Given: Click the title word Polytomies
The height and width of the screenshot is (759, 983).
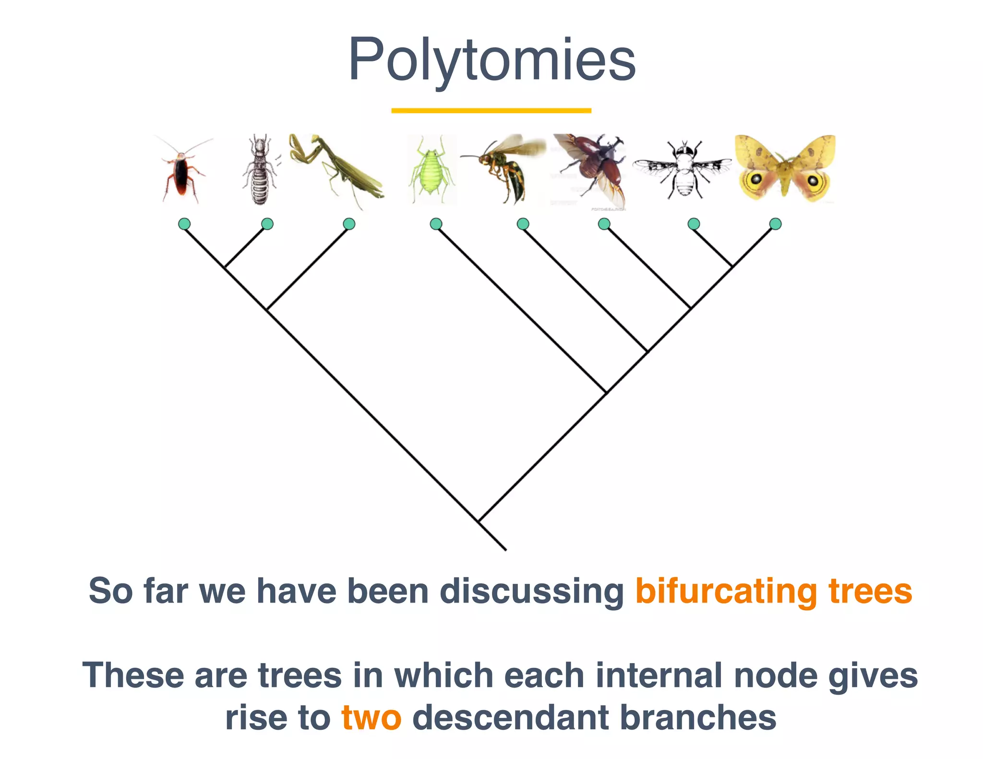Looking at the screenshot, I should [491, 60].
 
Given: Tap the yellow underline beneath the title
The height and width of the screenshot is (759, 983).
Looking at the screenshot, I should [491, 111].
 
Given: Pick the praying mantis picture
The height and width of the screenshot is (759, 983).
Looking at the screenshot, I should [336, 170].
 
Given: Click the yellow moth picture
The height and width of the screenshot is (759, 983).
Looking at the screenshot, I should [784, 168].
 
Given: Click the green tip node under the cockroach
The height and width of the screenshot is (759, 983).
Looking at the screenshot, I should [184, 224].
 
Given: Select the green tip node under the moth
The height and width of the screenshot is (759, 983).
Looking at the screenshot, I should [775, 224].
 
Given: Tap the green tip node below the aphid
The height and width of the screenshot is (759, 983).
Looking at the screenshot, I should [436, 224].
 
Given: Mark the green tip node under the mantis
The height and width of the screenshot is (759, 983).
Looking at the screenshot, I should [349, 224].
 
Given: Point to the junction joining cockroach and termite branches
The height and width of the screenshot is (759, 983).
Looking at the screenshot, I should [225, 267].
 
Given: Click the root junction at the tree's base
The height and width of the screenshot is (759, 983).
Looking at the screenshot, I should [479, 521].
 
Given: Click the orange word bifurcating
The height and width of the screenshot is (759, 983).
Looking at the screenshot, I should [726, 591].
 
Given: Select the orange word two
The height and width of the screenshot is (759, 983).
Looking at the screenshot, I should [371, 718].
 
